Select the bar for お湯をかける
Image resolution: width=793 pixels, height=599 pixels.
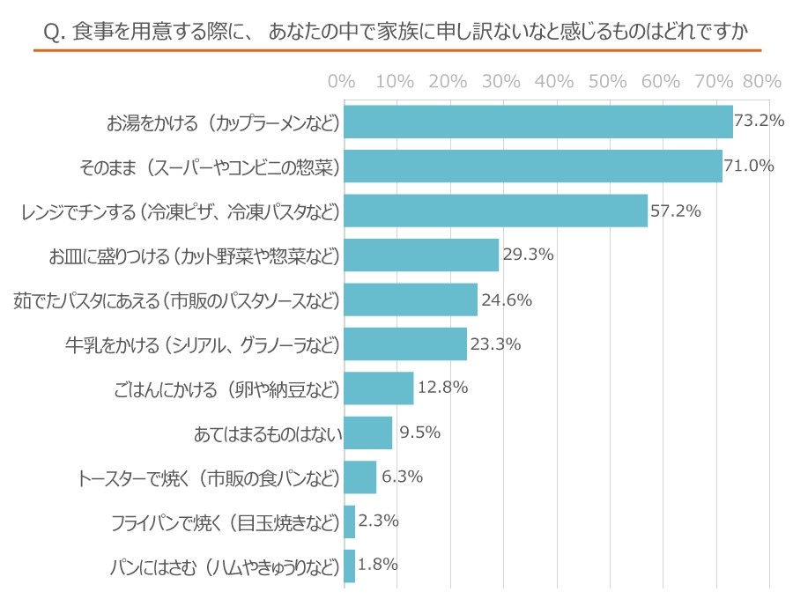point(537,122)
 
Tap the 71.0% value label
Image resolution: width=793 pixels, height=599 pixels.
point(749,166)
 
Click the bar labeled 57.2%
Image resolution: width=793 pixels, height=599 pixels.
point(495,211)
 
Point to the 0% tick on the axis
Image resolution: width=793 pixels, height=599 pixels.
point(341,82)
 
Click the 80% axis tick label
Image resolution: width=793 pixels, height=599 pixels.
point(762,82)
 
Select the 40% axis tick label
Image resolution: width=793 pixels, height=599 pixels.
point(554,82)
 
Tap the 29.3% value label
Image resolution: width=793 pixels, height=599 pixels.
point(528,255)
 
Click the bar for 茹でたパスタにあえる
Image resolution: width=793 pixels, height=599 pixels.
point(410,299)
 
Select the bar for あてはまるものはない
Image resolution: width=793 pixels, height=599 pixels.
point(367,433)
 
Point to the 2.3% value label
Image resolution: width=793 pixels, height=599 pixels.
point(379,521)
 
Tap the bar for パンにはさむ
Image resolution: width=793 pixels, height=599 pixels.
point(349,566)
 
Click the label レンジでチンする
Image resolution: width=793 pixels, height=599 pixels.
point(181,211)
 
